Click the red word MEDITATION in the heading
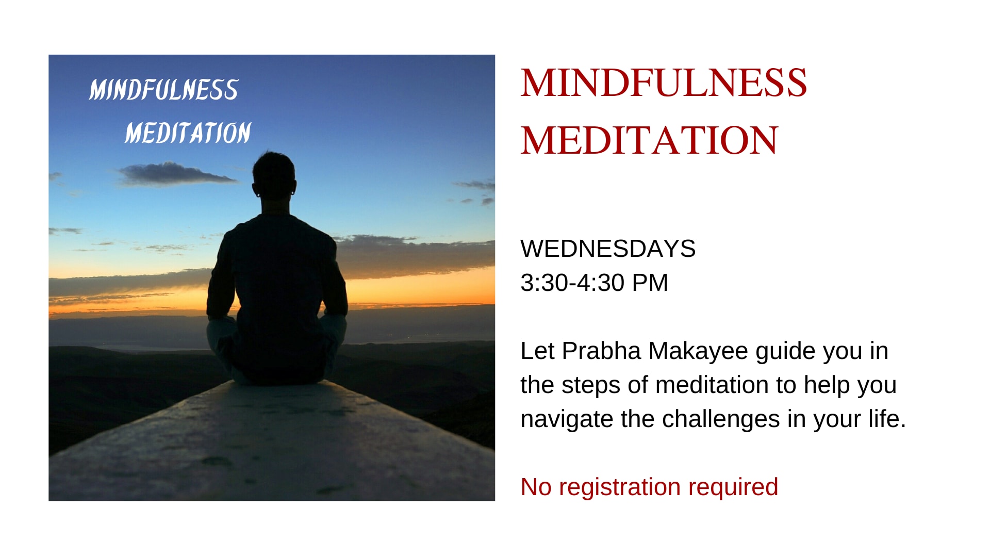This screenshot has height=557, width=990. [649, 140]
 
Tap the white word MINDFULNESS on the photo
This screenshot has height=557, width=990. [163, 90]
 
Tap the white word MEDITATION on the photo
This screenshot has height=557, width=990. [188, 133]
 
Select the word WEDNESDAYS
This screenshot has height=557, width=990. [608, 249]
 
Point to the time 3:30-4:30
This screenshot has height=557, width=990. [572, 283]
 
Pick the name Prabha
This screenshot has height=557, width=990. [602, 351]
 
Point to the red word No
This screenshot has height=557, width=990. [536, 487]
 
